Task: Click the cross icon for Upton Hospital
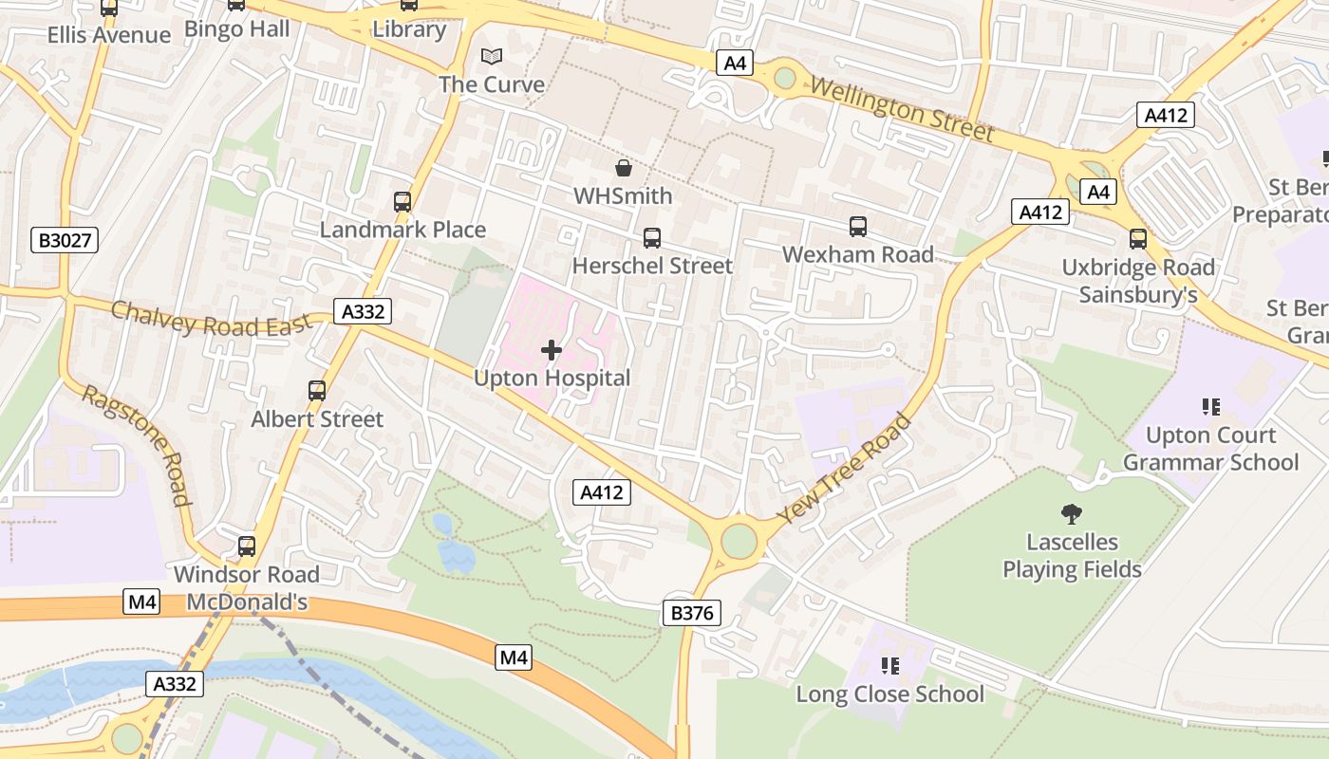click(x=551, y=351)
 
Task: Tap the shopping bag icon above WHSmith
click(x=624, y=169)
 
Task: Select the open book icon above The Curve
click(x=491, y=57)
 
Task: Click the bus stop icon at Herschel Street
click(x=652, y=238)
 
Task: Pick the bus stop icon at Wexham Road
click(x=858, y=227)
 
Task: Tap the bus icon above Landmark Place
click(x=402, y=202)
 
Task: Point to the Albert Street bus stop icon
click(x=317, y=391)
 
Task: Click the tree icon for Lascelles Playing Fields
click(x=1072, y=514)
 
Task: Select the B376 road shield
click(x=691, y=613)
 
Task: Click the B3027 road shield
click(x=66, y=240)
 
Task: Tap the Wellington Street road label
click(x=901, y=110)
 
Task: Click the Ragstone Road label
click(x=135, y=445)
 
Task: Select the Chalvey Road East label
click(x=211, y=319)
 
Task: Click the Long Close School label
click(x=889, y=694)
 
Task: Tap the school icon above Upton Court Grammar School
click(x=1210, y=407)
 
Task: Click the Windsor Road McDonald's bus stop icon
click(x=247, y=546)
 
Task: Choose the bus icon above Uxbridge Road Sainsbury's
click(x=1138, y=239)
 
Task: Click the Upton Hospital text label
click(x=552, y=379)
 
